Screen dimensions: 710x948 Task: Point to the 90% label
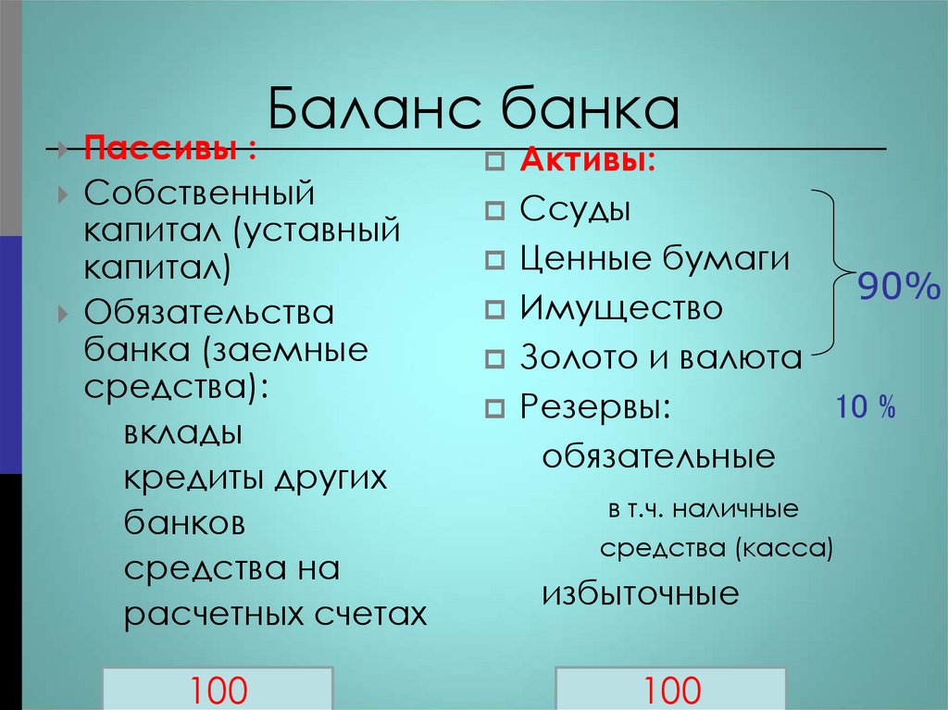coord(897,288)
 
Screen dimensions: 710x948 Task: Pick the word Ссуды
coord(575,209)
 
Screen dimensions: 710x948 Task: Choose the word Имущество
coord(620,307)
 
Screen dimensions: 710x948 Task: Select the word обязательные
coord(658,456)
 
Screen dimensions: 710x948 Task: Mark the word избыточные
coord(641,593)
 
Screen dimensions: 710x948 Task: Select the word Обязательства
coord(209,312)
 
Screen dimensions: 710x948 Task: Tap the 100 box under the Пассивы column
coord(219,689)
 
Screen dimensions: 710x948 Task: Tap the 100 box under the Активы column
coord(671,689)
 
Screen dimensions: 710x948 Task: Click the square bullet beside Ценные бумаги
coord(494,260)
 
